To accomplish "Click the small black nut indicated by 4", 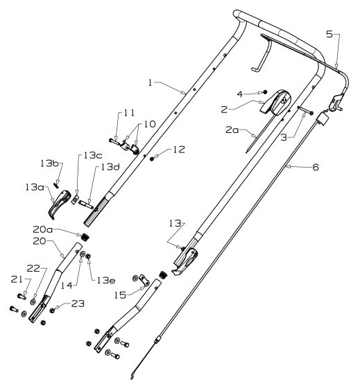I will (265, 91).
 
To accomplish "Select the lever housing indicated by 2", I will (275, 103).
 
